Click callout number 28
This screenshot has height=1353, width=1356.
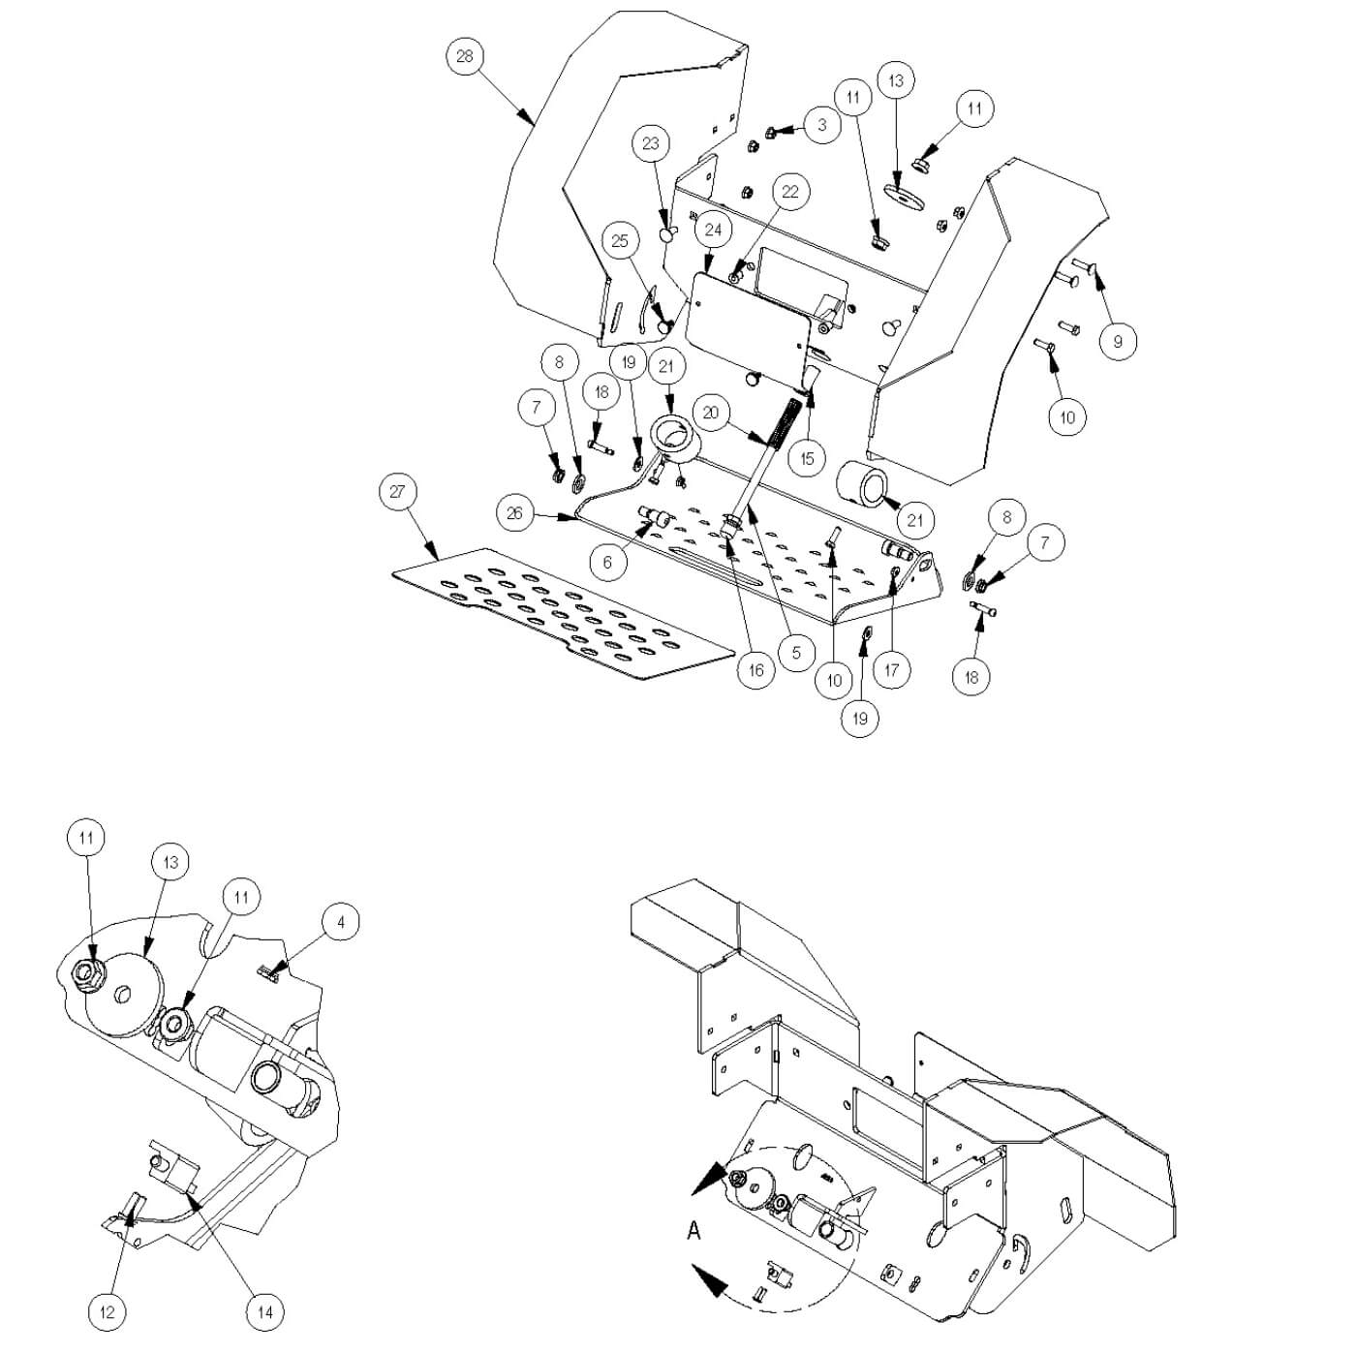(x=465, y=56)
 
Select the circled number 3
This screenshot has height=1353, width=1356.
(x=822, y=125)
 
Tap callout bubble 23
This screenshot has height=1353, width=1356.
(x=651, y=144)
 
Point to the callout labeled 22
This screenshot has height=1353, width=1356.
(x=790, y=192)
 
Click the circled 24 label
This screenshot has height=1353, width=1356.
(x=714, y=231)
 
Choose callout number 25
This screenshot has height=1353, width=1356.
(x=621, y=241)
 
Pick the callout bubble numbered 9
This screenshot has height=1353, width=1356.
(x=1119, y=342)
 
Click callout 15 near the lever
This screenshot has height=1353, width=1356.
(x=808, y=458)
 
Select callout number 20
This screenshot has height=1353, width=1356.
(x=711, y=414)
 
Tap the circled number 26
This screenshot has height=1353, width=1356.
(x=514, y=512)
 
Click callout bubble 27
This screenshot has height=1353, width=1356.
(x=397, y=492)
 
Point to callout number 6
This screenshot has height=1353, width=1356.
(x=608, y=563)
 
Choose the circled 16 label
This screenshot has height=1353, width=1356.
(x=755, y=669)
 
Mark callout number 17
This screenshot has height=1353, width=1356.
(x=892, y=669)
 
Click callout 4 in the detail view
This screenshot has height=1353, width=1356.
(x=340, y=923)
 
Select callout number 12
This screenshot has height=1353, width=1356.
(x=108, y=1312)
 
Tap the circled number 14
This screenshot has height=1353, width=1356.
(x=264, y=1313)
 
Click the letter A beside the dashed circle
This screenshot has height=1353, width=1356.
(x=693, y=1232)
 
